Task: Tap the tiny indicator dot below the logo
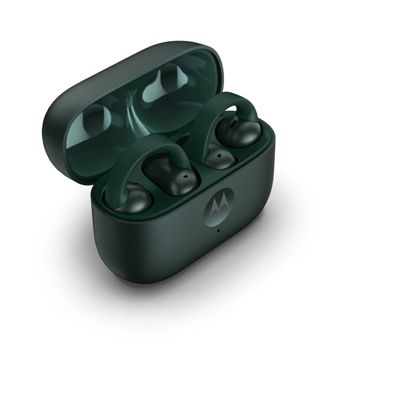coord(218,230)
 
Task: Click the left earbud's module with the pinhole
coord(171,174)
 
